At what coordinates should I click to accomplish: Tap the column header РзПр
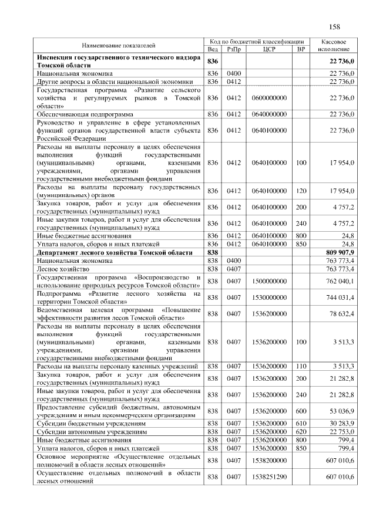[234, 50]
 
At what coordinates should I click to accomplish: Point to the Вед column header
[213, 50]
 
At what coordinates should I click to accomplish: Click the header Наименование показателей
[119, 46]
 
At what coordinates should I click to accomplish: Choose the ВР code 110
[301, 366]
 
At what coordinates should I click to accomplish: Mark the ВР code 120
[301, 191]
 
